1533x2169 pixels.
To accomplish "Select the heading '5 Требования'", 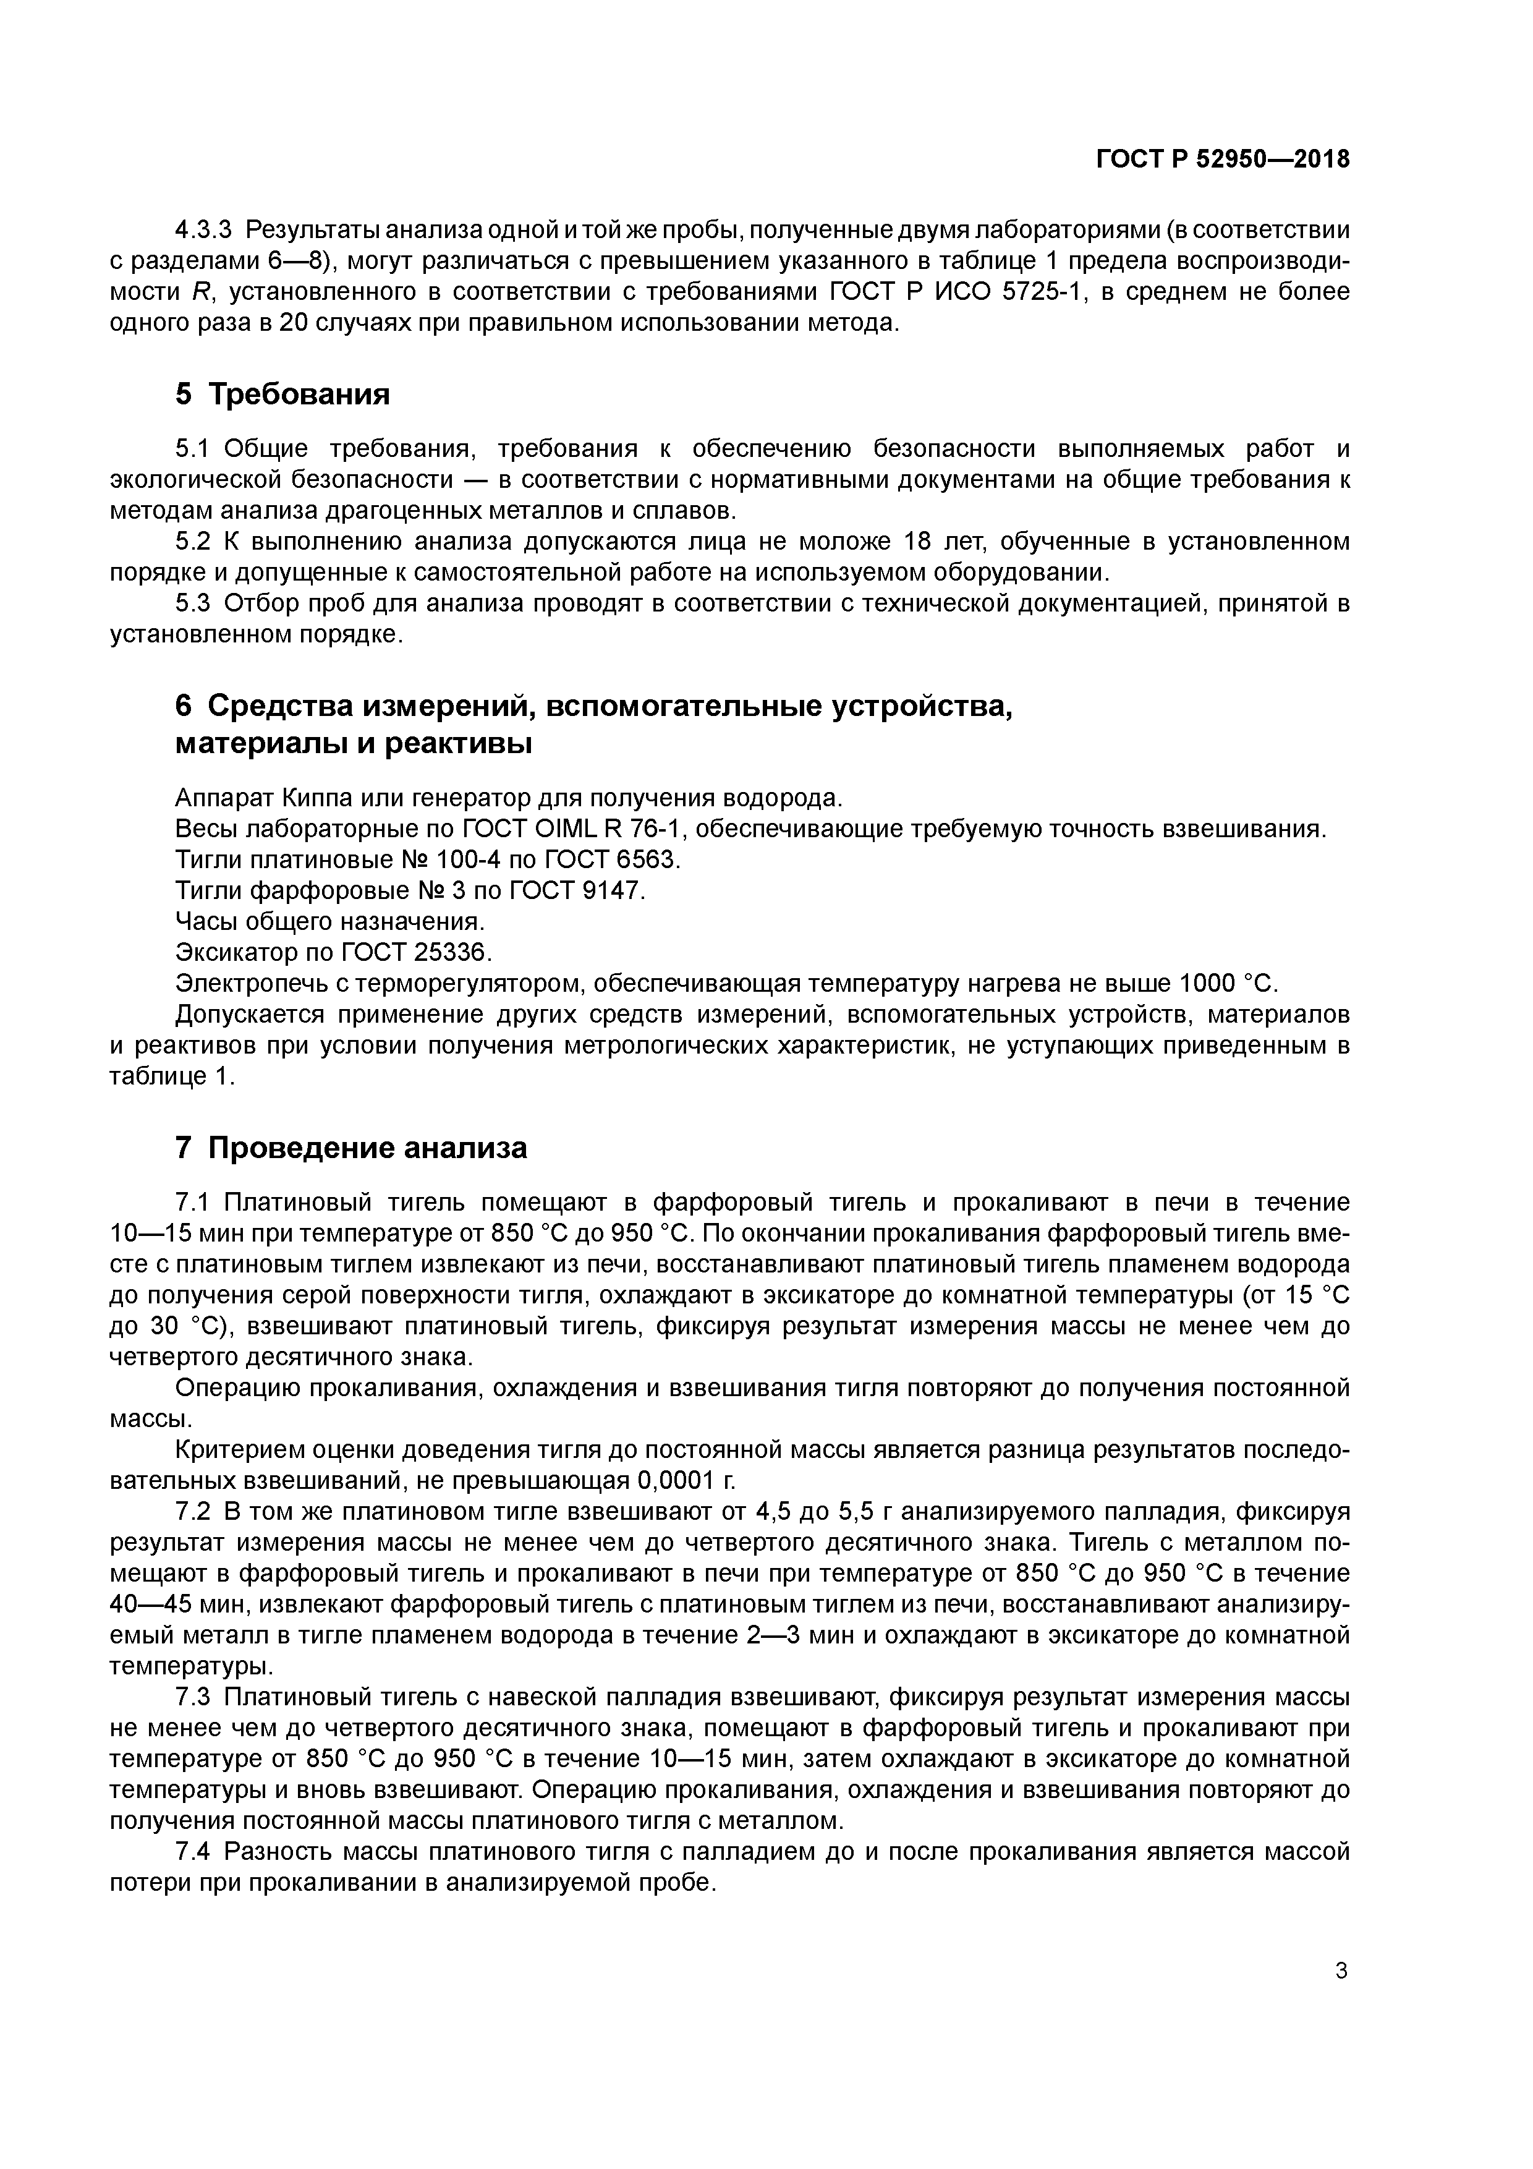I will [x=282, y=394].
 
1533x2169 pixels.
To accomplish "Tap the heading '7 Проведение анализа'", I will [x=351, y=1148].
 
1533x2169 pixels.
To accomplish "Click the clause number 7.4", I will [x=193, y=1851].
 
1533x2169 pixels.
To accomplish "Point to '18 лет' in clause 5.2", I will [x=944, y=542].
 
